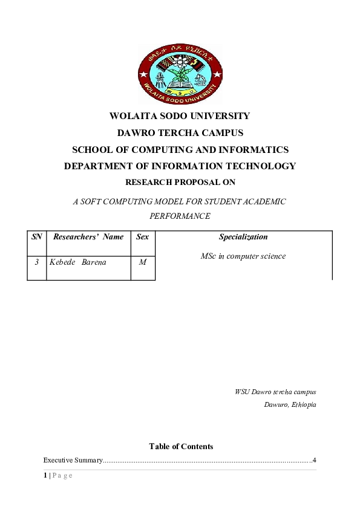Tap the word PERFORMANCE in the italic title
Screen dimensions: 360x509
[180, 215]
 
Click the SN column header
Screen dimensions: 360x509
[36, 237]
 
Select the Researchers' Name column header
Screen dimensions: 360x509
[88, 237]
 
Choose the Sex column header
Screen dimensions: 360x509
[143, 237]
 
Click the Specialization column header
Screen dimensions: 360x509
[243, 237]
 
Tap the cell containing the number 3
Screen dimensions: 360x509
[37, 262]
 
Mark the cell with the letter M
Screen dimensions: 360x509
[143, 262]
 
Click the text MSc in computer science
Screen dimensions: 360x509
[243, 256]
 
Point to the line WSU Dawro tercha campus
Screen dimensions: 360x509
[275, 392]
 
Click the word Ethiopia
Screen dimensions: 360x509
[303, 404]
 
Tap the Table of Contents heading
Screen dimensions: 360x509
[181, 447]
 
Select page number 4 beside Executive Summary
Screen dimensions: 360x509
[315, 461]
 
